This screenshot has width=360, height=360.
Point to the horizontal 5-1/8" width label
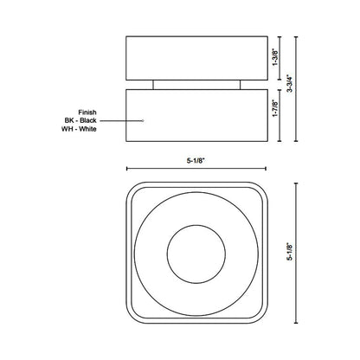tap(195, 158)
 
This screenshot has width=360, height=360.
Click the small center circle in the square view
tap(195, 252)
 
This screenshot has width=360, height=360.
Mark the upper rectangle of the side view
tap(195, 58)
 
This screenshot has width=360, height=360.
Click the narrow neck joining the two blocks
tap(195, 84)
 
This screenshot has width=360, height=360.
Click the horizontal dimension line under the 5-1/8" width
tap(195, 170)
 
